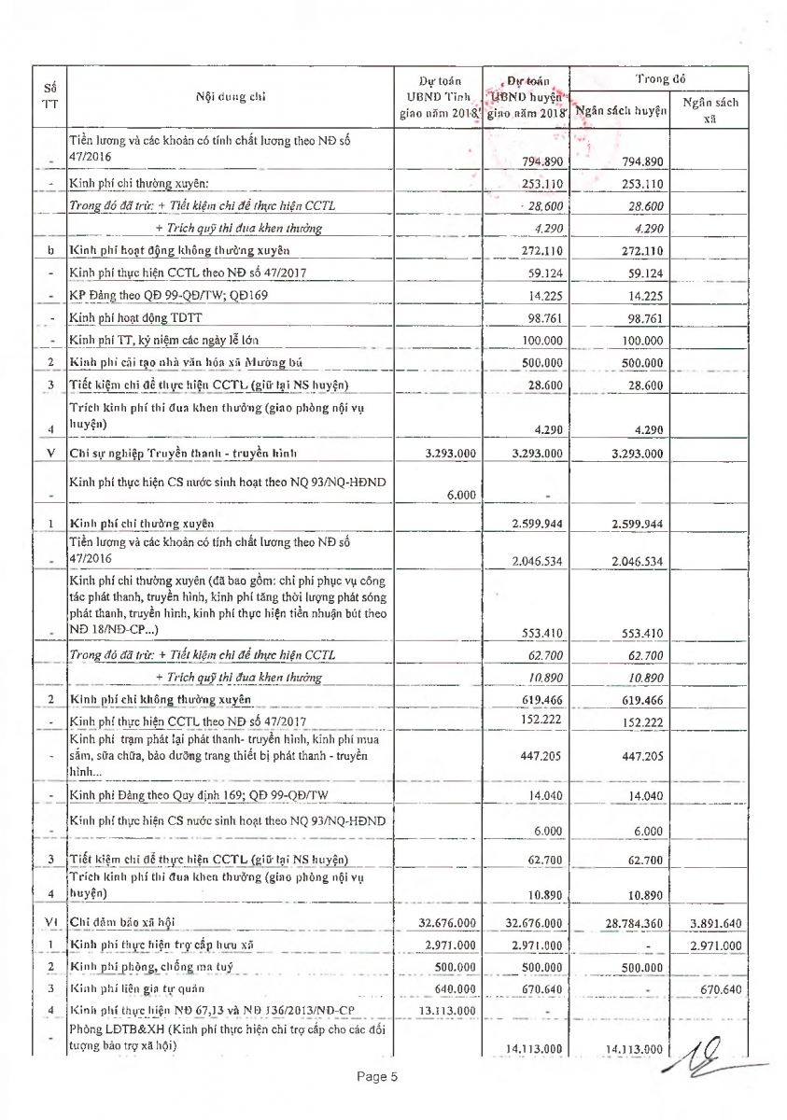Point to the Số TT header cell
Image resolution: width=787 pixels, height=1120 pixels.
[49, 96]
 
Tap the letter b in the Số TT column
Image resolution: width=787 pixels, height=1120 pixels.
[49, 251]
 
